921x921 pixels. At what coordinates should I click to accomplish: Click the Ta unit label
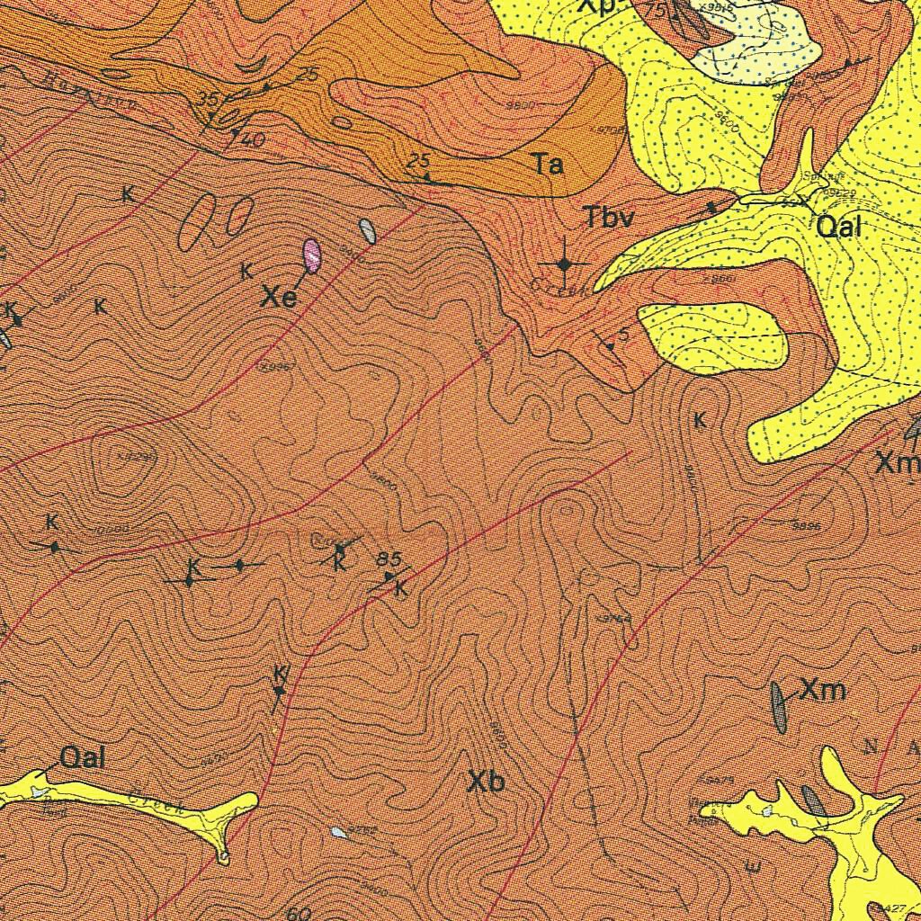548,165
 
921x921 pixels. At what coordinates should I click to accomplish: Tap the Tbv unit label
609,218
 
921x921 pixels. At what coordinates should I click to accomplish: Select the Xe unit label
279,298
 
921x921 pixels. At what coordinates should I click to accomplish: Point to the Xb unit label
486,782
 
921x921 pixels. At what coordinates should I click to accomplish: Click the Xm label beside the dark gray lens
823,691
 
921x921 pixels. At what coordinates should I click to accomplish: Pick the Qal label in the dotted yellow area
838,227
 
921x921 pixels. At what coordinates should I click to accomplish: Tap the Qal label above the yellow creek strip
83,758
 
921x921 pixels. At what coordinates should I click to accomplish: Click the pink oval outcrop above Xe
312,255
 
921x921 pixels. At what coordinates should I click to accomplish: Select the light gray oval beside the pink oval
367,231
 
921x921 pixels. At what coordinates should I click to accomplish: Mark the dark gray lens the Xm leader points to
778,707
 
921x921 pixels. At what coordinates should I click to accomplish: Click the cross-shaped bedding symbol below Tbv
565,264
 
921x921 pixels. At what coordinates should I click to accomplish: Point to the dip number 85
389,558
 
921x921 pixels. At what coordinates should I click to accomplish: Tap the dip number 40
253,140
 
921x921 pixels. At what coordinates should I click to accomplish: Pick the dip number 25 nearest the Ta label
417,161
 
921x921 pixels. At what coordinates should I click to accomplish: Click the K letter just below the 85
401,590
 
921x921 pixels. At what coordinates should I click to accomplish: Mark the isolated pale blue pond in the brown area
337,832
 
